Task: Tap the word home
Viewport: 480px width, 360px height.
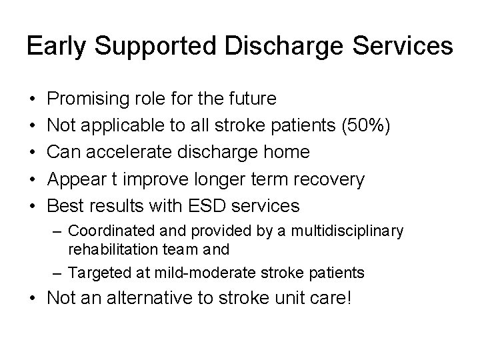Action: click(x=285, y=152)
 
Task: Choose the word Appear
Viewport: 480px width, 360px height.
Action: click(x=79, y=179)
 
